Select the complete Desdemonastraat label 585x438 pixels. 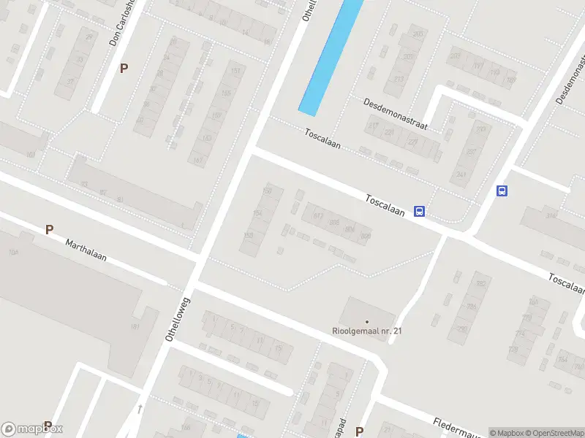[396, 114]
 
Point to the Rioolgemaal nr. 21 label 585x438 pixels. [367, 331]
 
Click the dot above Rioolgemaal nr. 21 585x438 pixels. [367, 321]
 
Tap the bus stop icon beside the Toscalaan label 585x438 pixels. [420, 212]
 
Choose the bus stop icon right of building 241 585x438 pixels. [502, 191]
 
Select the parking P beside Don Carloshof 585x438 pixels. [124, 69]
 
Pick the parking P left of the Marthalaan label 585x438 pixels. [49, 229]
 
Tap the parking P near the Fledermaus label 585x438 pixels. [359, 431]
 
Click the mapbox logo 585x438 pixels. [32, 429]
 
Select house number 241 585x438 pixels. [461, 175]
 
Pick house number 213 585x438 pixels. [399, 80]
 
